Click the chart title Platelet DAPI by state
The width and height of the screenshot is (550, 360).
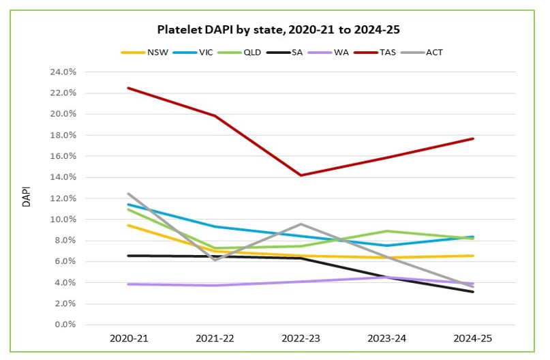[275, 30]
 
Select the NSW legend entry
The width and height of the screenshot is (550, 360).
[156, 52]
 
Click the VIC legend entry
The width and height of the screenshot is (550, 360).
[207, 52]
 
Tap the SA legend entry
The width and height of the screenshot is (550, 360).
[298, 52]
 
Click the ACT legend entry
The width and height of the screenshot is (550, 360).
[434, 52]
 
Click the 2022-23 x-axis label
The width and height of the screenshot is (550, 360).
[301, 339]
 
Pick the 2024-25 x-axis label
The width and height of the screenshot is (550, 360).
[473, 339]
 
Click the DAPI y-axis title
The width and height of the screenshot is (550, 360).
[27, 198]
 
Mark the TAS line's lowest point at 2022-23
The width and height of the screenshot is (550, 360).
[301, 175]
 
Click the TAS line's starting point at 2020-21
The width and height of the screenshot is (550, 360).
[128, 88]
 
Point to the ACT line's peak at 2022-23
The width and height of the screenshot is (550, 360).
[301, 224]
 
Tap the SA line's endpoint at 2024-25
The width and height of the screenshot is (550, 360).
[473, 292]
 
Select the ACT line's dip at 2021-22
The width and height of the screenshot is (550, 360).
[215, 260]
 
